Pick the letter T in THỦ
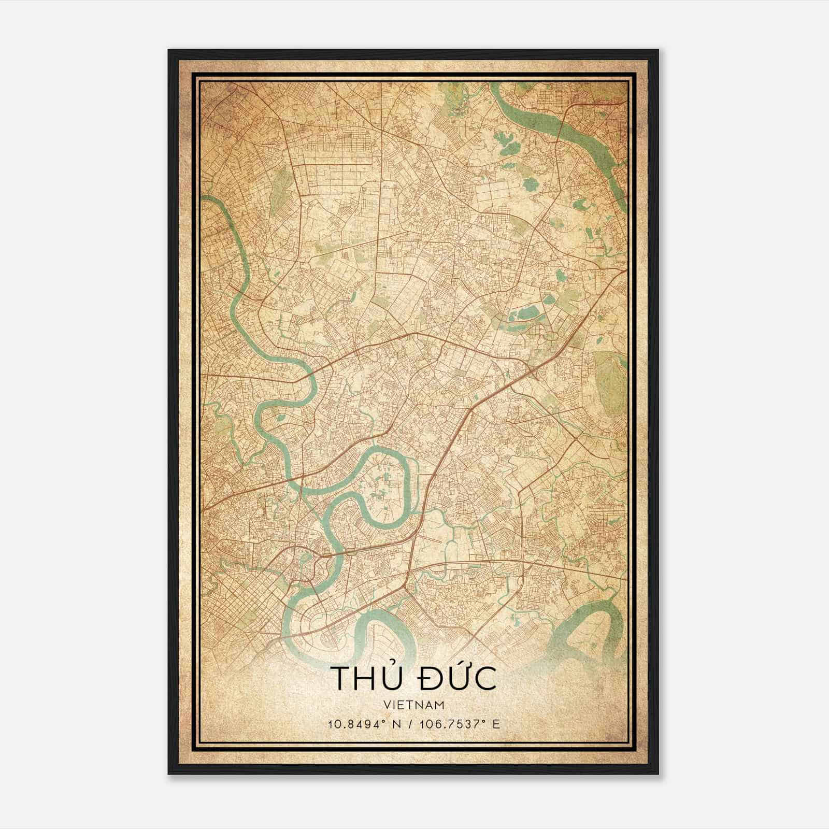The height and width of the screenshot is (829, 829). point(339,679)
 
